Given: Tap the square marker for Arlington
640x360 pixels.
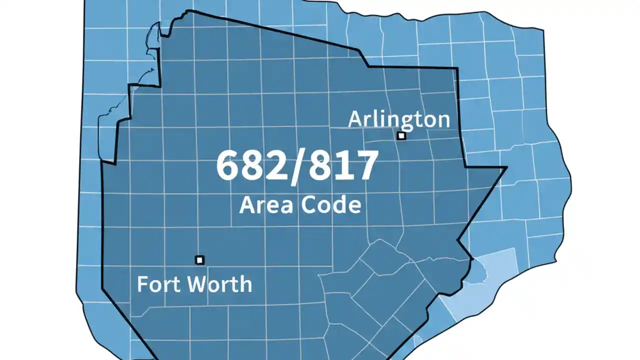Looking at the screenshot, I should tap(401, 135).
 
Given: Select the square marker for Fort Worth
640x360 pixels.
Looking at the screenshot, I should tap(199, 260).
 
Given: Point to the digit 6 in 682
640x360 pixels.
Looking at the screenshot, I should tap(228, 166).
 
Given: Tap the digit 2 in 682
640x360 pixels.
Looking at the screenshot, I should tap(274, 166).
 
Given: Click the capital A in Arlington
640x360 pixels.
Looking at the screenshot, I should tap(356, 119).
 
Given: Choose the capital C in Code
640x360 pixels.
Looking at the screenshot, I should tap(309, 204).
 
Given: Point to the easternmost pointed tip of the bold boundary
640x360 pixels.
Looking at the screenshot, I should tap(506, 167).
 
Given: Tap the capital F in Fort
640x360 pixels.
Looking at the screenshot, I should tap(142, 284).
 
